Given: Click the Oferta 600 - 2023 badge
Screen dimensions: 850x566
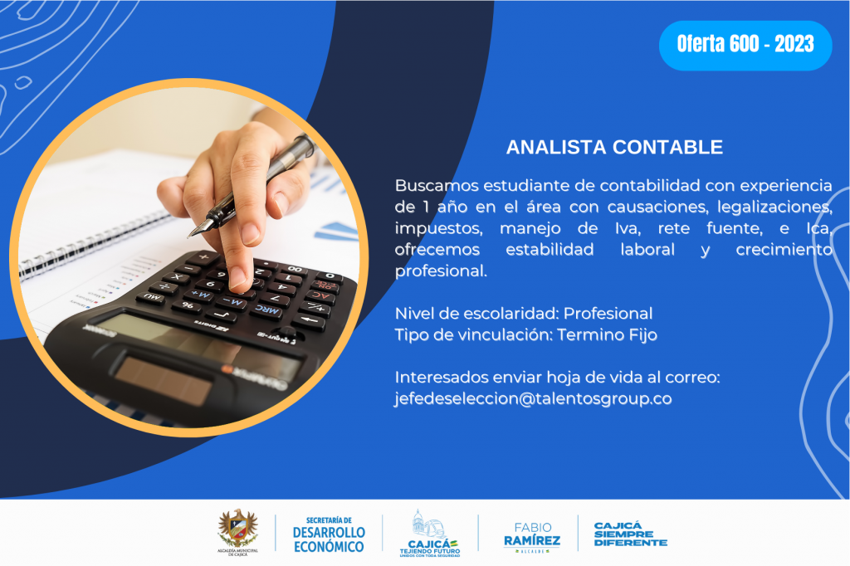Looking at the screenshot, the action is click(745, 46).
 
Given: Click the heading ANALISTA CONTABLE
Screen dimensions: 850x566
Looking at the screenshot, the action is click(614, 147).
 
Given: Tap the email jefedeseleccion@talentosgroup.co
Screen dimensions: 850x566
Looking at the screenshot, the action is click(533, 398).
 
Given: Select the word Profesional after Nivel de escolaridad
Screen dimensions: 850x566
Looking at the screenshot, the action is click(608, 314).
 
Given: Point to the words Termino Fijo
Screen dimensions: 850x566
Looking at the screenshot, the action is click(607, 334).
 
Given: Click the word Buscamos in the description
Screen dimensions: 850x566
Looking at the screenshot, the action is click(437, 185).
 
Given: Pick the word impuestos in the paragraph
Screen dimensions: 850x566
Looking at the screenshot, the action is click(438, 229).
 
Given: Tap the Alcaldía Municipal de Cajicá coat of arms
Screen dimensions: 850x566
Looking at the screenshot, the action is click(238, 532).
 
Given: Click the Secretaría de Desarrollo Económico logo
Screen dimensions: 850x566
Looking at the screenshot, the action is click(329, 534).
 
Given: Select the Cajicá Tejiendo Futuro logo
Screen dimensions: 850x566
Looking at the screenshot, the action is click(430, 534).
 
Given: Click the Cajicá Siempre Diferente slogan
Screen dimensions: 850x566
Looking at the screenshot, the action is click(631, 534).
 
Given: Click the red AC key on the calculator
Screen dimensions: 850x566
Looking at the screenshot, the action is click(320, 296).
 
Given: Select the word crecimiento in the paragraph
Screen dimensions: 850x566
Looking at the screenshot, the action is click(784, 249).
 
